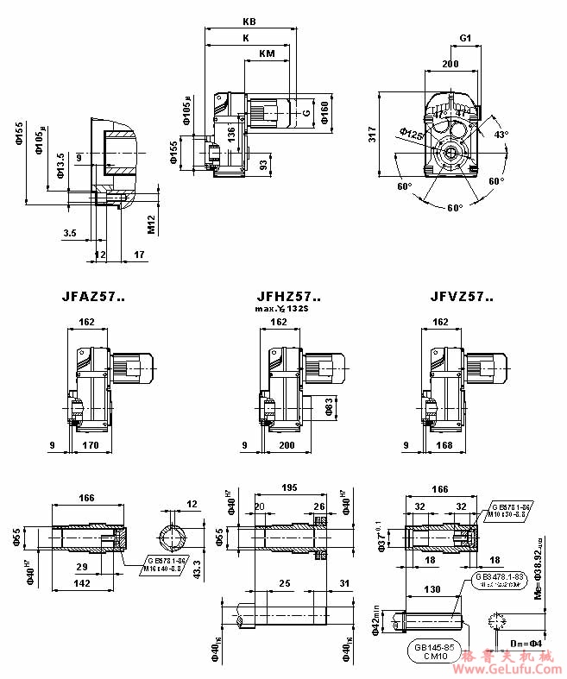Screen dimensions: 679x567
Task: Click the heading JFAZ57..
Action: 93,297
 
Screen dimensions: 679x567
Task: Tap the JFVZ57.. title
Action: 463,297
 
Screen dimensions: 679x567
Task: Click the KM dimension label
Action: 268,53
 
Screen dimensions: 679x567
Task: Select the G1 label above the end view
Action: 465,39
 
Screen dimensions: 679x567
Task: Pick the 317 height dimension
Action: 373,135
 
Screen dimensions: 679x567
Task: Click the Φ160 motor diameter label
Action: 324,111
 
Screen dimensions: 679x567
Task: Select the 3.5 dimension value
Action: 70,233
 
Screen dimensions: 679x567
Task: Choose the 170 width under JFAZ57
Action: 89,445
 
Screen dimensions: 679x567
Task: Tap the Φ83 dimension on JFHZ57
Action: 330,406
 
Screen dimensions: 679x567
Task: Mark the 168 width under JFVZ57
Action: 444,445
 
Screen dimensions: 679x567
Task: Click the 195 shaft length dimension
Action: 288,487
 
